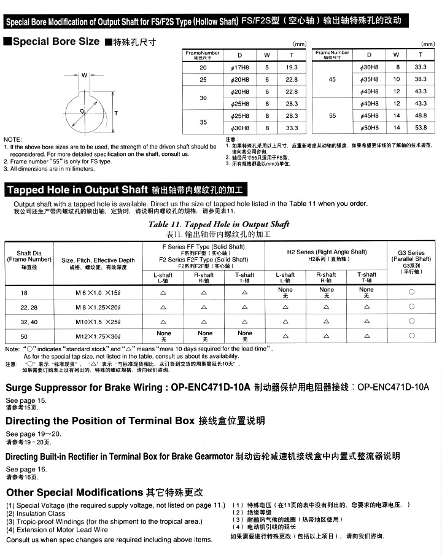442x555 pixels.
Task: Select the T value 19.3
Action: (x=292, y=68)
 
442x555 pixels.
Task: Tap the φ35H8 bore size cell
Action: (x=368, y=79)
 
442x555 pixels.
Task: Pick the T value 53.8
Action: (x=421, y=128)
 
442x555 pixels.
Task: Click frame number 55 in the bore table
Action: (x=332, y=115)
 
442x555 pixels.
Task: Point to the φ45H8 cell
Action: (x=368, y=115)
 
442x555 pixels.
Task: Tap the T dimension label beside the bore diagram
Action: (x=115, y=113)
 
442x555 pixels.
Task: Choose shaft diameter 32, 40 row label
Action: (x=29, y=321)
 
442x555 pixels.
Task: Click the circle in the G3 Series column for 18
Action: (x=411, y=293)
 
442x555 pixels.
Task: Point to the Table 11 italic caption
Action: (x=219, y=225)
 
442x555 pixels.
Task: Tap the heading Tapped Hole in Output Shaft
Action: (x=77, y=190)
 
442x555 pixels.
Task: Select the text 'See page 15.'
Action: (x=26, y=400)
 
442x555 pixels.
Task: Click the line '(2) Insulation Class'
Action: (x=36, y=513)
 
